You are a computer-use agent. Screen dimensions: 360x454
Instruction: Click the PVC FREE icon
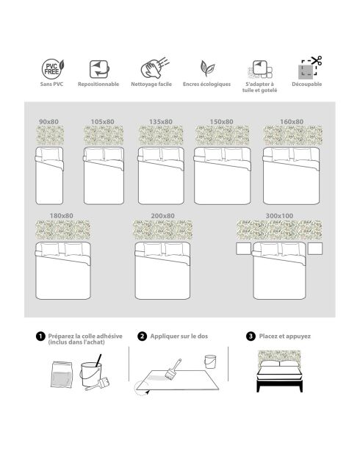click(x=53, y=69)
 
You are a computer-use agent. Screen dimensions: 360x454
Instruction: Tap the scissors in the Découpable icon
click(x=316, y=60)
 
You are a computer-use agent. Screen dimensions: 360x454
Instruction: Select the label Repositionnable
click(x=98, y=84)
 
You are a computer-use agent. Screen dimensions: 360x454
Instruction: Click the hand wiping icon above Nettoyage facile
click(x=155, y=68)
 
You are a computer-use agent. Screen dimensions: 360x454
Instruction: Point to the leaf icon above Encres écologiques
click(x=207, y=68)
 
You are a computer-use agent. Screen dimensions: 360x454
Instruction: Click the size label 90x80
click(x=48, y=122)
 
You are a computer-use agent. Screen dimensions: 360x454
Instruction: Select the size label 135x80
click(x=161, y=122)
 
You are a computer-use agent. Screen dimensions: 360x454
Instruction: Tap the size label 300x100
click(x=279, y=216)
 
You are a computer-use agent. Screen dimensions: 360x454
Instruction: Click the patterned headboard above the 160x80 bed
click(x=293, y=135)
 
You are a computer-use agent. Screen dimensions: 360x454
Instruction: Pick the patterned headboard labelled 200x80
click(x=163, y=230)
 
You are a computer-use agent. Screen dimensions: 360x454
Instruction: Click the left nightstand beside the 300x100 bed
click(x=243, y=249)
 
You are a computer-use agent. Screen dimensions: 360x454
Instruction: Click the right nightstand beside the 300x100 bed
click(x=315, y=249)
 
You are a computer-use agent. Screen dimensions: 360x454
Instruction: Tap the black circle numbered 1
click(x=40, y=336)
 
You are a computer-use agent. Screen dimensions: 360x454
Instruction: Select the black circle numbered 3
click(x=251, y=336)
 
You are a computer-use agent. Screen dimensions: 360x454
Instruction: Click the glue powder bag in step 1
click(x=62, y=375)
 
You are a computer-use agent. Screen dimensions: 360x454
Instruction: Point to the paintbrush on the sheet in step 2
click(x=173, y=369)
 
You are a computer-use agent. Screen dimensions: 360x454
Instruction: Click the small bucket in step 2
click(x=210, y=361)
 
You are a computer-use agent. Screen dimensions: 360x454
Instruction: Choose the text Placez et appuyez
click(x=285, y=336)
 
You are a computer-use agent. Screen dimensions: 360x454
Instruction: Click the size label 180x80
click(x=62, y=216)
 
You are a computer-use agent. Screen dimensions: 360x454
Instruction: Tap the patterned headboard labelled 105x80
click(x=104, y=135)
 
